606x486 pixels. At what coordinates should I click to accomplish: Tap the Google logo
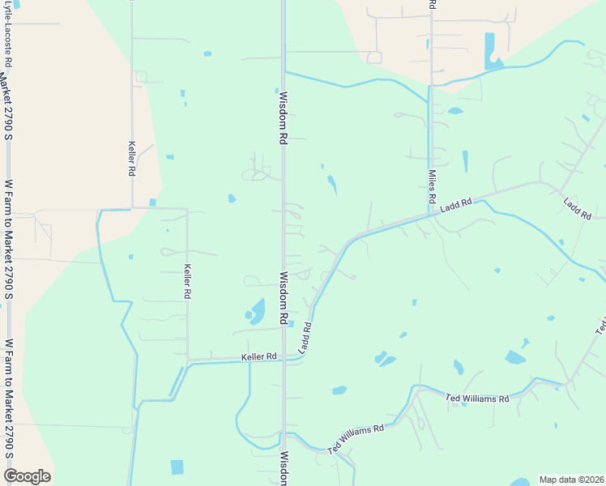coord(27,476)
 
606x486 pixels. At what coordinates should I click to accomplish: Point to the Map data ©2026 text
coord(570,480)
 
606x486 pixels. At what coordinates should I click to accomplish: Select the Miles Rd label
coord(432,186)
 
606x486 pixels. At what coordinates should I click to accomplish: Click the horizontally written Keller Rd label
coord(258,356)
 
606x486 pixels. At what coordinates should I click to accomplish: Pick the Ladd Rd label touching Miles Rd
coord(456,208)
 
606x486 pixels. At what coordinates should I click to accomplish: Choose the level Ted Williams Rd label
coord(477,399)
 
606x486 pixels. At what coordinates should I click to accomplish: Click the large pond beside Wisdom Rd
coord(257,311)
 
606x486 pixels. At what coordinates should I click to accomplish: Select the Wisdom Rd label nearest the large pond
coord(284,299)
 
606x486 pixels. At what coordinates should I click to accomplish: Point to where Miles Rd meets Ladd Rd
coord(431,215)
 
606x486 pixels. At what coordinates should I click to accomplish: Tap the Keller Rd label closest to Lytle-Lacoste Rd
coord(131,159)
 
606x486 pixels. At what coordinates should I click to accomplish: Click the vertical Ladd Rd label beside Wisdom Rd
coord(305,339)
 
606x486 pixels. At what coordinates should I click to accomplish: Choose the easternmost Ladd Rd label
coord(578,208)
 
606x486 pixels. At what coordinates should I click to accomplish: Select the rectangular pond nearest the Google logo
coord(177,467)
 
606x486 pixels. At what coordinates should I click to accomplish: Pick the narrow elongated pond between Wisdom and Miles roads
coord(332,185)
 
